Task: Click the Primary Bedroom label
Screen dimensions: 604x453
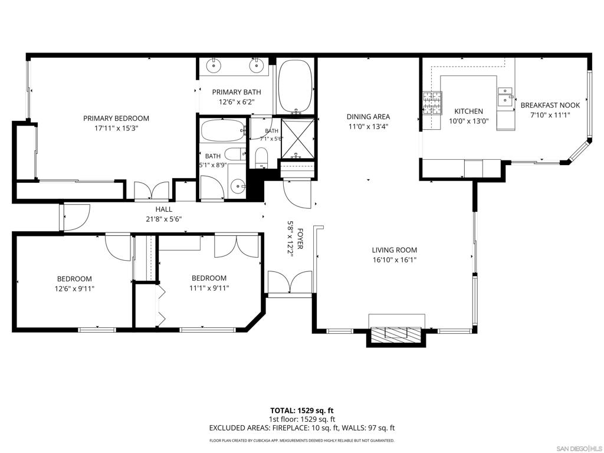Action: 116,118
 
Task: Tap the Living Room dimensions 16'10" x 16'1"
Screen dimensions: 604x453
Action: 395,260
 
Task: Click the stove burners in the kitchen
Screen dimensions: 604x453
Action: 432,103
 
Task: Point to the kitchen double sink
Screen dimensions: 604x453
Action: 505,97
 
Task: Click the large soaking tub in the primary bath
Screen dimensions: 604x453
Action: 295,86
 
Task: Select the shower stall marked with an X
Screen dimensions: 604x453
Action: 298,139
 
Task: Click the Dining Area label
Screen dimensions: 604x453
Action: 368,116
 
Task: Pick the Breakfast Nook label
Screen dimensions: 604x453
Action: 550,105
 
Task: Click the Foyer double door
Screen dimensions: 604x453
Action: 290,283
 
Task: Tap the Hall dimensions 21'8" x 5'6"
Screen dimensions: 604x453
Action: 164,219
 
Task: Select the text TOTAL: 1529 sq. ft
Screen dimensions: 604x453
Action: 301,411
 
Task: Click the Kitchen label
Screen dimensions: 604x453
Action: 468,111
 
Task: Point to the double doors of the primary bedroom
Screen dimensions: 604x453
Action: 151,191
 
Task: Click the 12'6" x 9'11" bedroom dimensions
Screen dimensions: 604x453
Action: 74,288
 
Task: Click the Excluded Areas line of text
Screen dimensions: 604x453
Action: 301,428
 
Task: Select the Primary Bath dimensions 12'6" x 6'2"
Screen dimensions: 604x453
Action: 237,101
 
